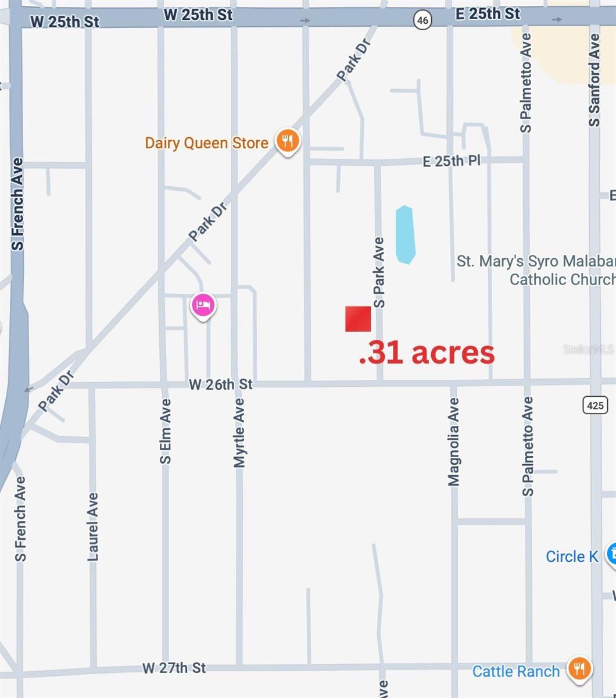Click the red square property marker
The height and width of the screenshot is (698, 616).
(x=358, y=319)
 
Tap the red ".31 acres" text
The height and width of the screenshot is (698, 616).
(x=427, y=353)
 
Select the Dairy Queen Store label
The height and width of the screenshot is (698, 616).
(x=206, y=143)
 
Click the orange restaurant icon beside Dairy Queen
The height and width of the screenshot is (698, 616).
(x=287, y=141)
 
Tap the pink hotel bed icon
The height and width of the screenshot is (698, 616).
(x=203, y=305)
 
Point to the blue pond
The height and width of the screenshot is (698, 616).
(x=405, y=234)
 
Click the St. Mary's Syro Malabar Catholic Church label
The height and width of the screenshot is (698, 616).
(x=536, y=270)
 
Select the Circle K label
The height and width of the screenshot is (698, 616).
(x=571, y=557)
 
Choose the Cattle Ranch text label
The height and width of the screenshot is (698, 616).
(x=515, y=671)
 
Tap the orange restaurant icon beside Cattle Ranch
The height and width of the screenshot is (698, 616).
(x=579, y=668)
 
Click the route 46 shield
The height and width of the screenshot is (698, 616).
(x=422, y=20)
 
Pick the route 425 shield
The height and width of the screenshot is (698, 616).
(x=595, y=405)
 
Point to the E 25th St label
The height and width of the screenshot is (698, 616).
(x=488, y=14)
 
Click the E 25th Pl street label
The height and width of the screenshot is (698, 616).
(x=452, y=161)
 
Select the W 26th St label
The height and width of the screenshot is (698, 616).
(x=221, y=384)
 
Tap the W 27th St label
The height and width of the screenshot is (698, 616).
(x=174, y=668)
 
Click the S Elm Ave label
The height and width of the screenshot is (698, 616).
(x=166, y=431)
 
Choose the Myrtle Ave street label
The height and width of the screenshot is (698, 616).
(x=239, y=433)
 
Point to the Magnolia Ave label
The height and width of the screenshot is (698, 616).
(x=454, y=441)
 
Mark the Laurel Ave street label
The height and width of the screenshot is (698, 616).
(x=93, y=527)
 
